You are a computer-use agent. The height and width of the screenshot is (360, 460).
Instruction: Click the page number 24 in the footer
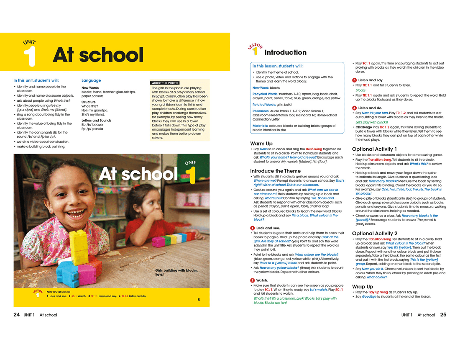click(x=17, y=315)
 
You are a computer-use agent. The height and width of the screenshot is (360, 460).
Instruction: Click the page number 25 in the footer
click(x=443, y=315)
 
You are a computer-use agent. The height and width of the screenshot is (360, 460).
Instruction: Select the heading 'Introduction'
click(x=286, y=52)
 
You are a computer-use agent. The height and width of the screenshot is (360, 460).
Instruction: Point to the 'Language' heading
click(x=91, y=80)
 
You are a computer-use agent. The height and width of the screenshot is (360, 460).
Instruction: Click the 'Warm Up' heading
click(x=261, y=144)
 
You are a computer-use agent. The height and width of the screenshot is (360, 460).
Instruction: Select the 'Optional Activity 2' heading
click(x=375, y=234)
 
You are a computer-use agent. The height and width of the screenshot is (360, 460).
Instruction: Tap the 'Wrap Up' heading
click(x=363, y=287)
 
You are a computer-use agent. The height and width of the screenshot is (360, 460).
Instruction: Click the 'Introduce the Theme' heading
click(x=275, y=171)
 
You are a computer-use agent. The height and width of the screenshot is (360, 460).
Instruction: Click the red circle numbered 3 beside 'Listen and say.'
click(x=354, y=80)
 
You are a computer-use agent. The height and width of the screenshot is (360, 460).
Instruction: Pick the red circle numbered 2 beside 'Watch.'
click(x=252, y=280)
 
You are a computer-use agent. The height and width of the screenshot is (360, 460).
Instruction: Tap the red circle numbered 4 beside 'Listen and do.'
click(x=354, y=108)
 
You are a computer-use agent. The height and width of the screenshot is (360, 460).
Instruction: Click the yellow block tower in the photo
click(x=78, y=244)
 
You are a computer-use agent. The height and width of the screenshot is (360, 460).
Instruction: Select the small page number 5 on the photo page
click(x=199, y=300)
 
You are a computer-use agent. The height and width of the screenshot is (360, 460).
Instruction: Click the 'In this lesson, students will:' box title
click(x=277, y=66)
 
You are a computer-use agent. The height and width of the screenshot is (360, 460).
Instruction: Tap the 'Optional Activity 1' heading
click(x=375, y=149)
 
